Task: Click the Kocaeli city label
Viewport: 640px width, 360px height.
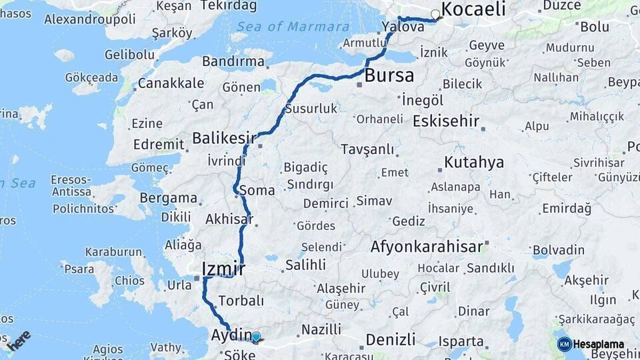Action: [x=473, y=9]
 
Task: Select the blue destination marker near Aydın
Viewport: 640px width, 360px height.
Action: [x=255, y=337]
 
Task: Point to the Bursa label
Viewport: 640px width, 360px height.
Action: [x=389, y=75]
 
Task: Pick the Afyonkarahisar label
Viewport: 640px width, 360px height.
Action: [x=427, y=247]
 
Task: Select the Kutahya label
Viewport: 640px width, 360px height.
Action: [x=473, y=163]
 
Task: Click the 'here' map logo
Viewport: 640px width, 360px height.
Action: [x=19, y=339]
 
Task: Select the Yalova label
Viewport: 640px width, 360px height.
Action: [x=403, y=27]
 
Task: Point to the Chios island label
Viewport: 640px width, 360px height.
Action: [x=129, y=281]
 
